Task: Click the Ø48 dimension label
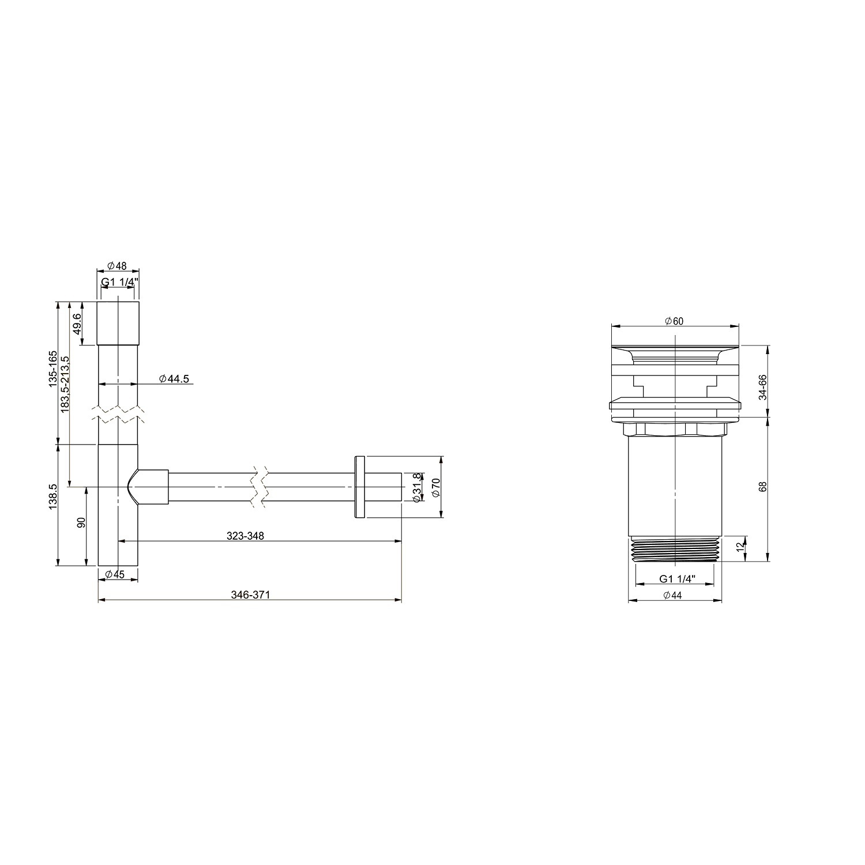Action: [x=117, y=266]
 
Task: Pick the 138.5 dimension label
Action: [x=52, y=496]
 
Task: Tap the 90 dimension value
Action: [x=81, y=522]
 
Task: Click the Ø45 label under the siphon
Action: [x=116, y=574]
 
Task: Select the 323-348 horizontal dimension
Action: [x=245, y=536]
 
